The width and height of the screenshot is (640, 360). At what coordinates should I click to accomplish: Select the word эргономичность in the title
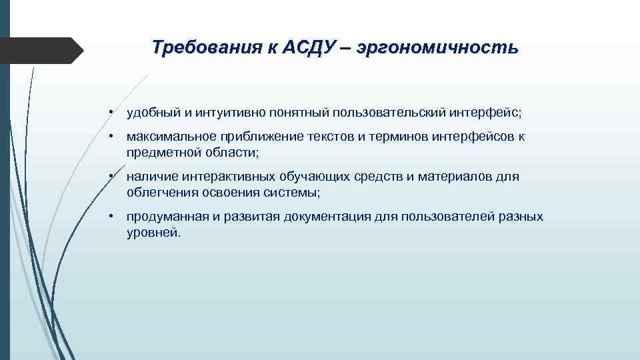(x=437, y=48)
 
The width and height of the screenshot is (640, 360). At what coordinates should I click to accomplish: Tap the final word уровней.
(x=153, y=233)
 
